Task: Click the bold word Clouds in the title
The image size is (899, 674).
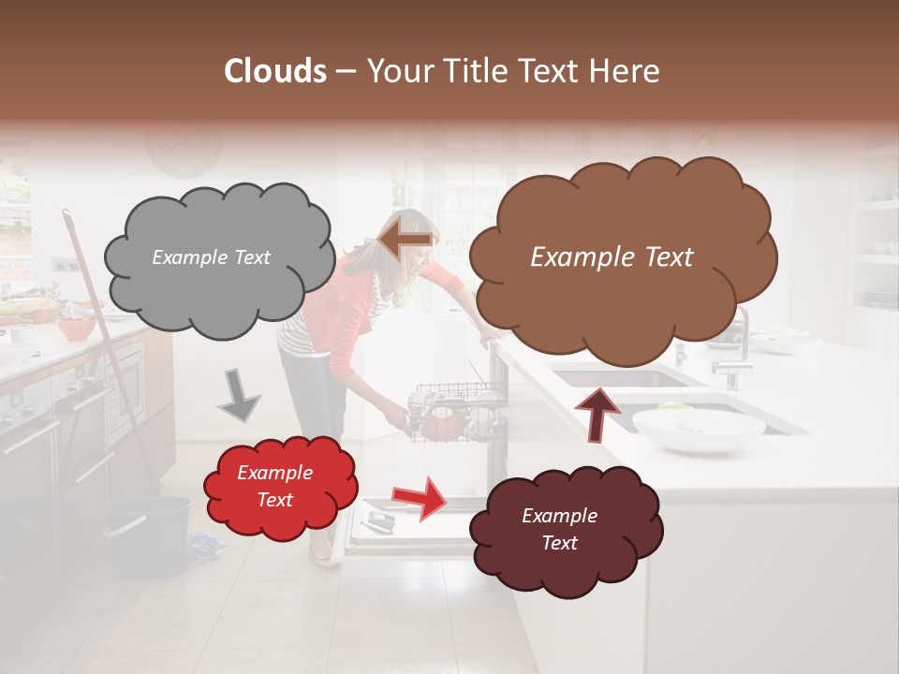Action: point(275,71)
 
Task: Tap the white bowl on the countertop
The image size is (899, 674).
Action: point(699,430)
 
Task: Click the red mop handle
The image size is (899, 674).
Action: point(103,337)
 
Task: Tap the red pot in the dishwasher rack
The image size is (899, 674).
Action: point(442,423)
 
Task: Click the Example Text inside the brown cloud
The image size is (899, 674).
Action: point(612,257)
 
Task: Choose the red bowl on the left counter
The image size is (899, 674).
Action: point(75,329)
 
